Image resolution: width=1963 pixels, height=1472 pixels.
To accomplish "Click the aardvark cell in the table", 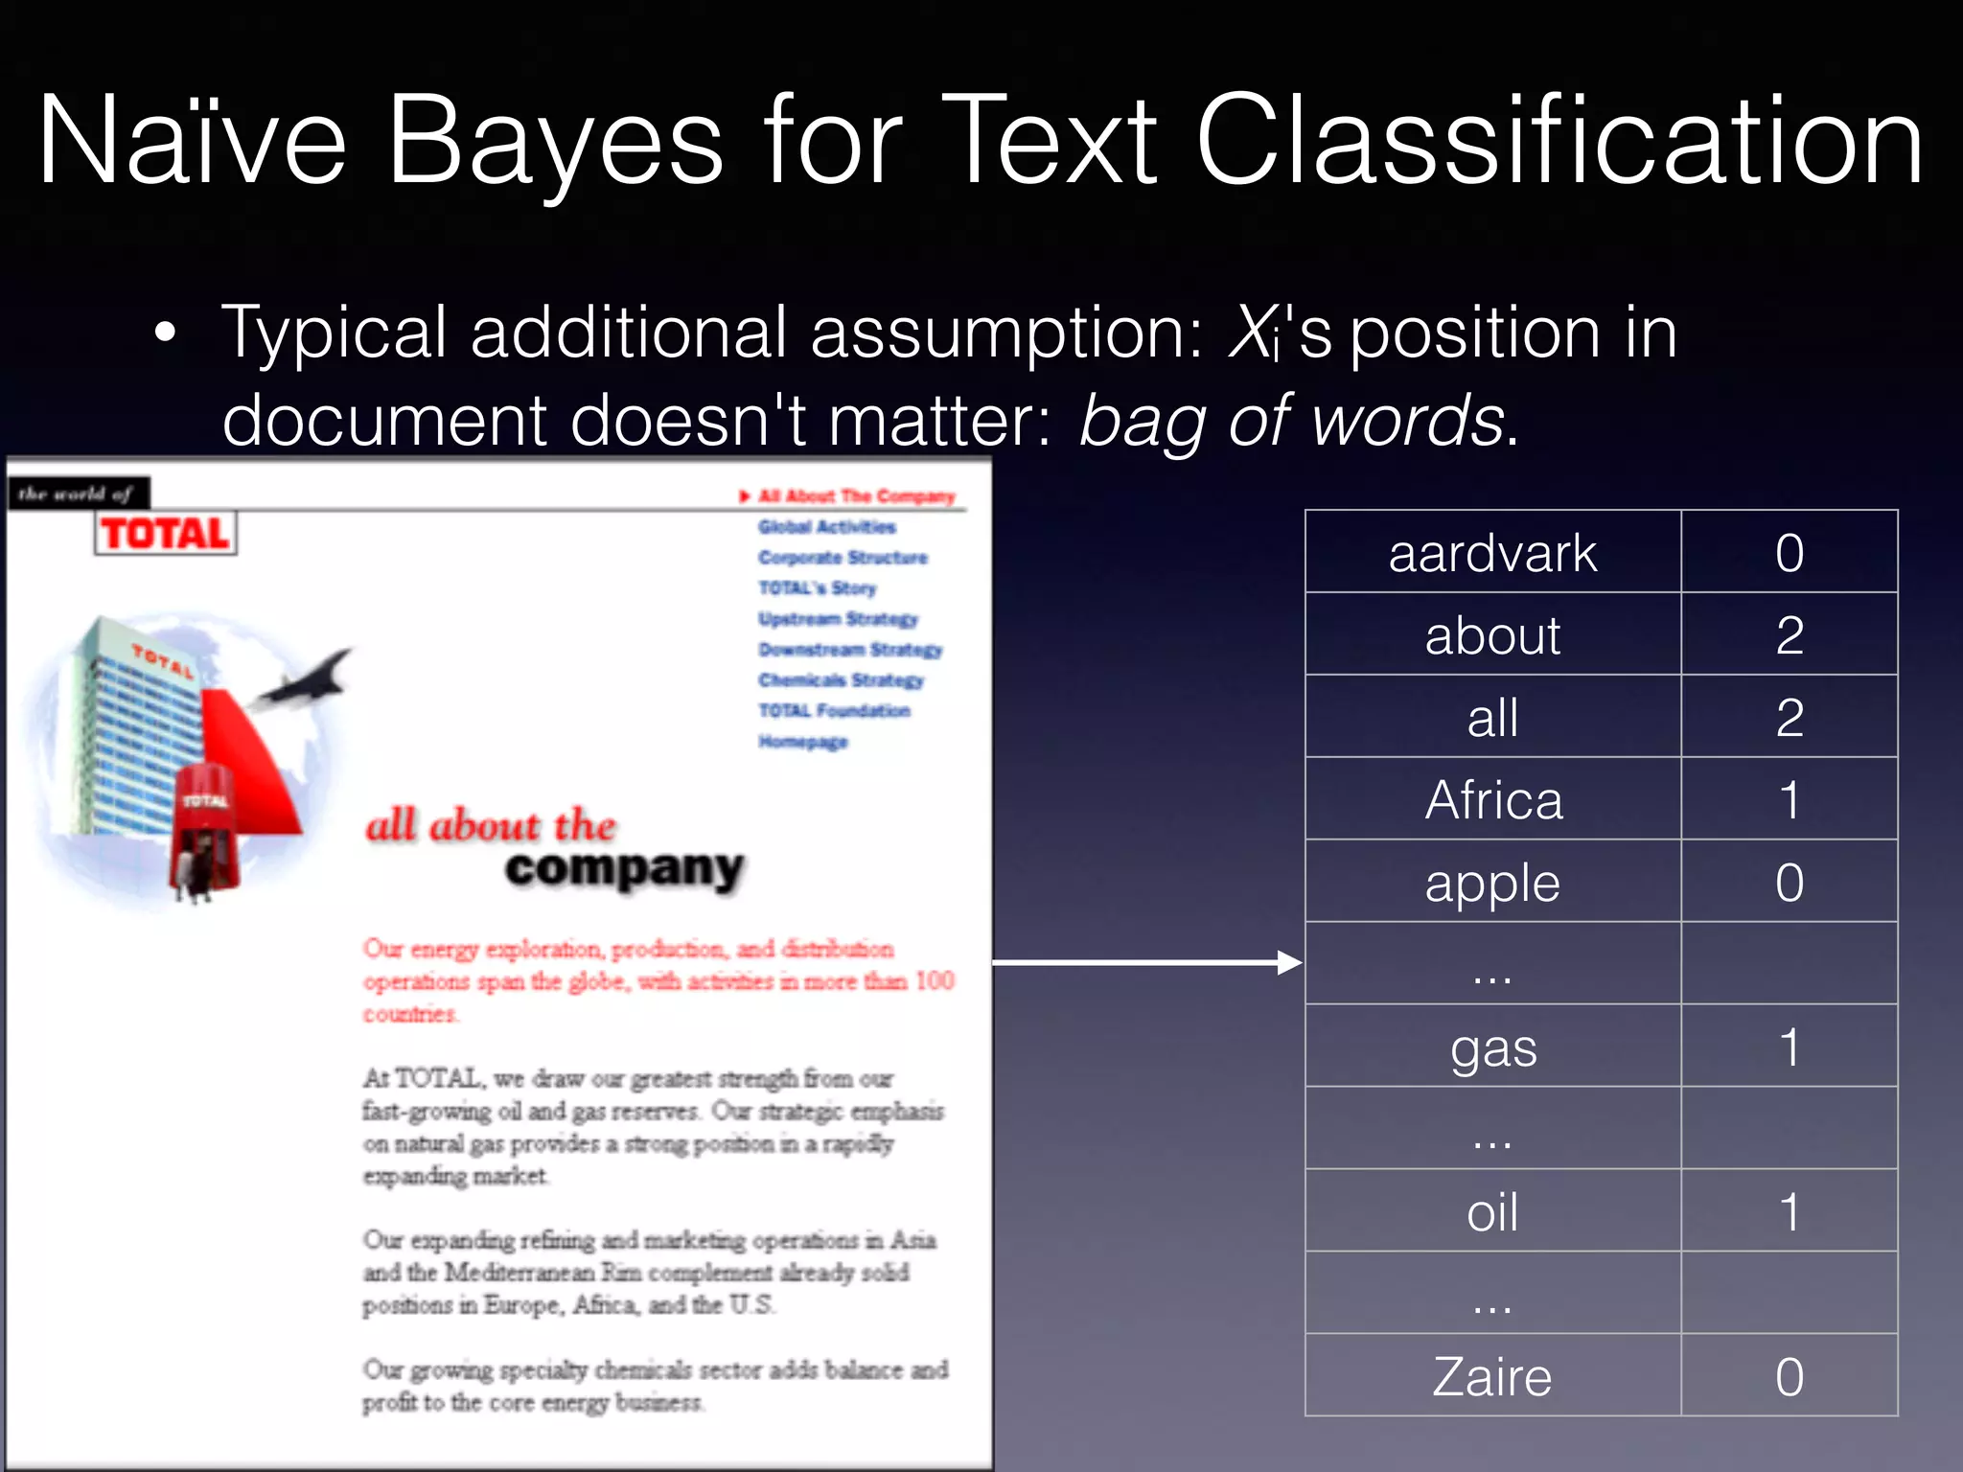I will [1492, 553].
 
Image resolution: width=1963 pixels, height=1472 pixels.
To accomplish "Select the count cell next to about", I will [1789, 635].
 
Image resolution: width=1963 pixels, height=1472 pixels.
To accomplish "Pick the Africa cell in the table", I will [1492, 800].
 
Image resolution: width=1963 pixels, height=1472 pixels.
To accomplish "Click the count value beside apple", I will [1789, 883].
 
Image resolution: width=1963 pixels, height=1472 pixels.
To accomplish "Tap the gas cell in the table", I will [1492, 1047].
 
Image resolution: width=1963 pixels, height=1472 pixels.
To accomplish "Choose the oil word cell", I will [1492, 1212].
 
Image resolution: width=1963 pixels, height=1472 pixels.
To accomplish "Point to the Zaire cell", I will [1492, 1377].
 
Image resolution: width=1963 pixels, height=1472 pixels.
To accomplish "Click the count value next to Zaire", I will [1789, 1377].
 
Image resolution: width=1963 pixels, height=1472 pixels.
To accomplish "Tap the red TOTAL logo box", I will [166, 534].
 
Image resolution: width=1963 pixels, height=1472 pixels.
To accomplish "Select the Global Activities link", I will [826, 527].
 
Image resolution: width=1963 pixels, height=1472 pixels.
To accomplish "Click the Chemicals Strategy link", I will [841, 680].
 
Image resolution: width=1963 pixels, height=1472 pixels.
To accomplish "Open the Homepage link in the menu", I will [803, 742].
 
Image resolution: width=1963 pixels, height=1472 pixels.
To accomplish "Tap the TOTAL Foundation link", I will [834, 711].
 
